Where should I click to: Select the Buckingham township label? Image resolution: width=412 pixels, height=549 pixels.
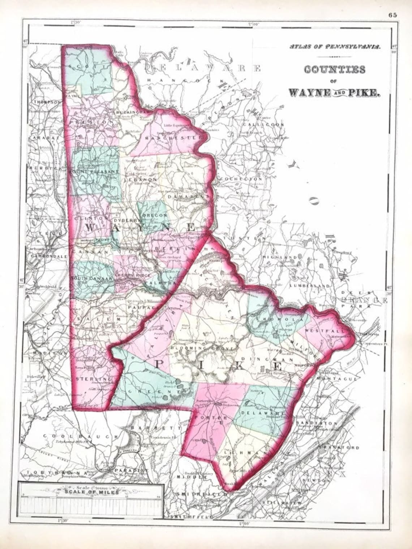pos(132,113)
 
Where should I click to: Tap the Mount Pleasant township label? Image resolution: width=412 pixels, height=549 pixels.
pos(95,172)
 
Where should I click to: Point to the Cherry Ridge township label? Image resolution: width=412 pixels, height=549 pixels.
pos(130,275)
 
